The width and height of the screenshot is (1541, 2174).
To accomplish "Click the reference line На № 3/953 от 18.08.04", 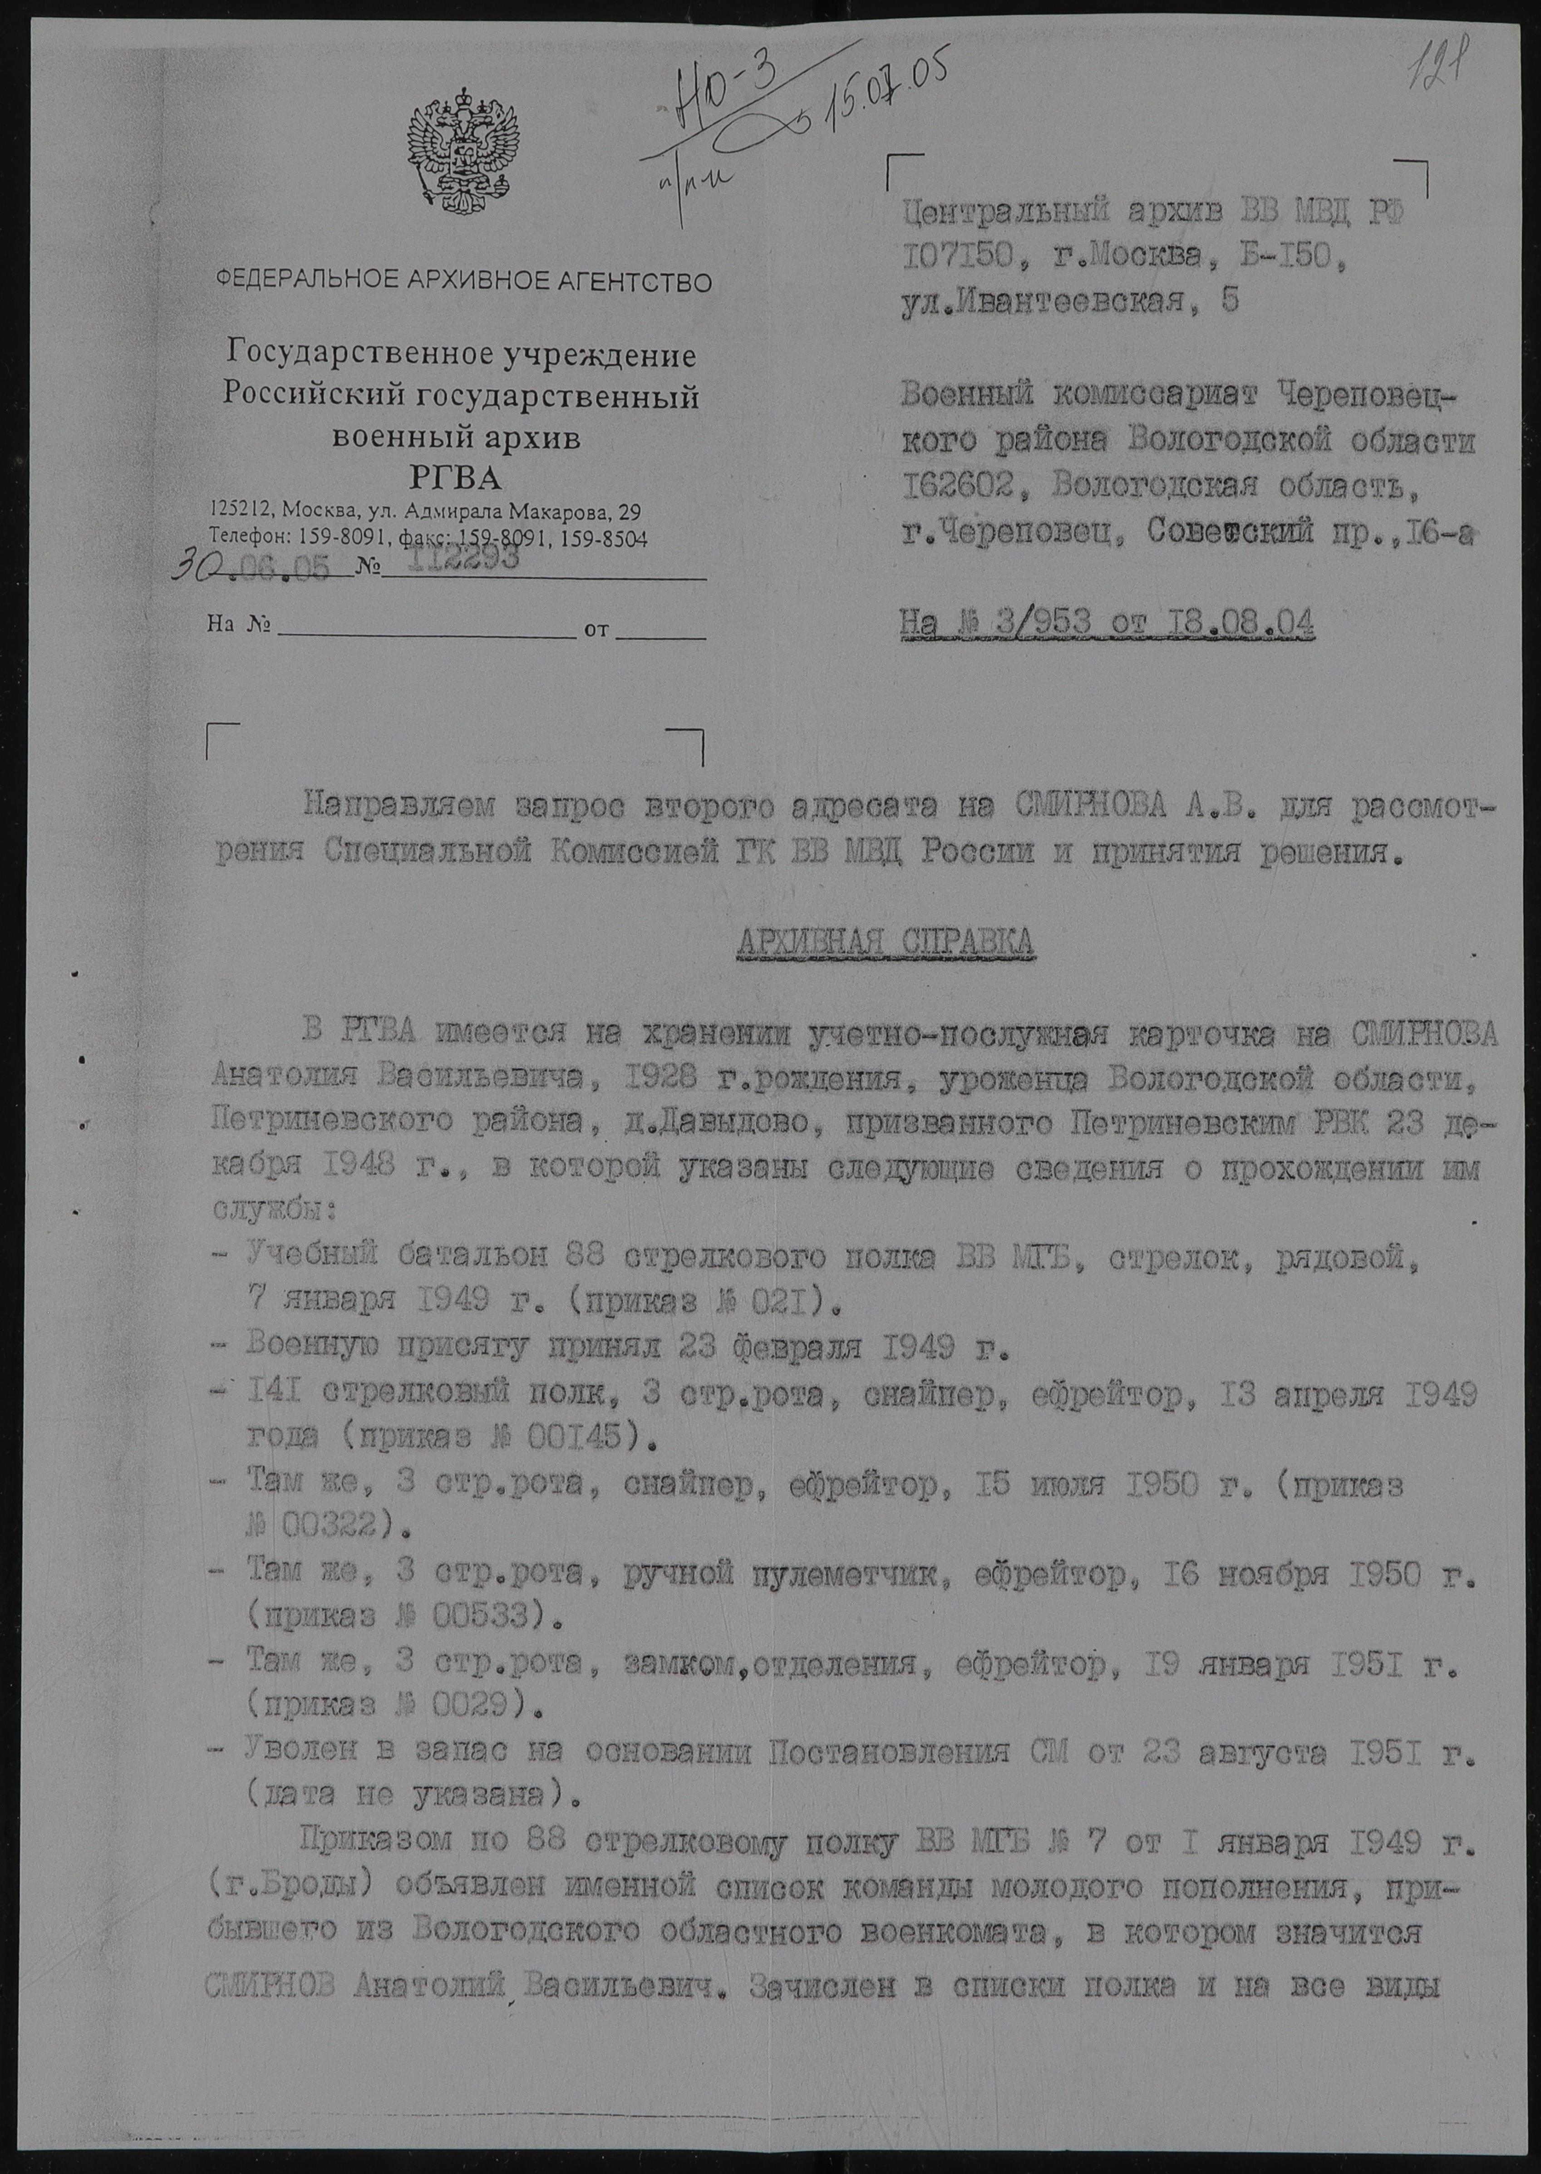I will point(1107,624).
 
